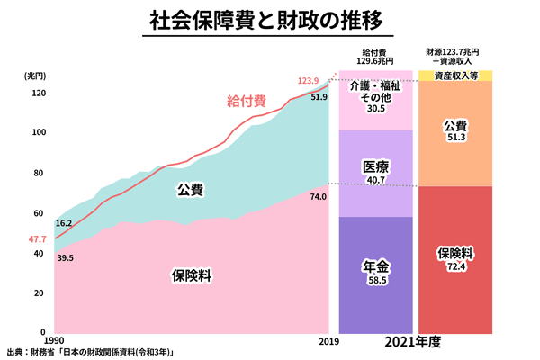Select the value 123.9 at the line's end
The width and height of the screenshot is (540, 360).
coord(309,82)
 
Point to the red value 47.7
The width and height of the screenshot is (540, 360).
coord(37,239)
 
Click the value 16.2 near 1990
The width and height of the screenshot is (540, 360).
coord(64,222)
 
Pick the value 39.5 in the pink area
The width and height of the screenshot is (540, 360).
coord(64,258)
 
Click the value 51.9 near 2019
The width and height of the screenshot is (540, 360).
coord(319,96)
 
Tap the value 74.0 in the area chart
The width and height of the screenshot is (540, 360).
coord(319,195)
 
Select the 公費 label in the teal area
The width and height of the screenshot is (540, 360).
coord(190,190)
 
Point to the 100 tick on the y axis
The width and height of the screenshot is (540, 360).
coord(39,132)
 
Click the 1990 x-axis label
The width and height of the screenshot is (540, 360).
coord(54,341)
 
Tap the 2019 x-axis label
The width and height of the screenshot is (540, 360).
coord(327,341)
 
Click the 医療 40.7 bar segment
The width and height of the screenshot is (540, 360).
coord(375,173)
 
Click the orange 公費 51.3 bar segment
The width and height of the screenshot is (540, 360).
coord(455,131)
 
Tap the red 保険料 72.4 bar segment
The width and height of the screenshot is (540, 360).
coord(455,257)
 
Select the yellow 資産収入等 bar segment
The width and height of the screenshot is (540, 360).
coord(455,76)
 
